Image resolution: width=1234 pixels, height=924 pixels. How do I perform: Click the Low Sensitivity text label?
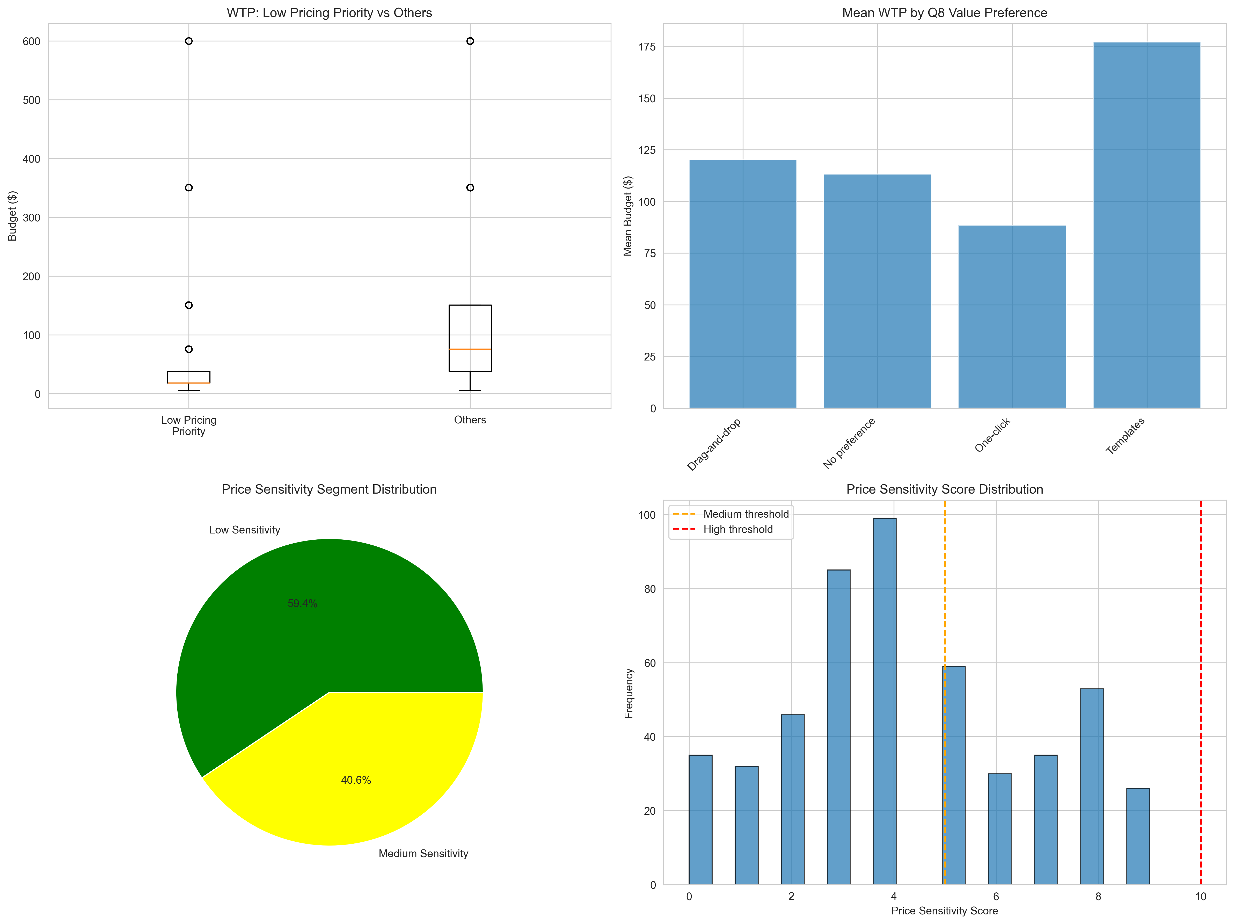pos(244,530)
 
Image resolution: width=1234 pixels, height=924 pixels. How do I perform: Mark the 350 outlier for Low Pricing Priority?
pos(188,187)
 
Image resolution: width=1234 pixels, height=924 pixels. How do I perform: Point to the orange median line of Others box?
pos(470,349)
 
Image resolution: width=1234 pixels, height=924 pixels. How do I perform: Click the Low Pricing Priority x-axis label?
pos(188,426)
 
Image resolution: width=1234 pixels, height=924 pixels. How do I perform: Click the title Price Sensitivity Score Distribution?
pos(944,489)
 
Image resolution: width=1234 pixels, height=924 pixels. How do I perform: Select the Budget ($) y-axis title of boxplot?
pos(12,216)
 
